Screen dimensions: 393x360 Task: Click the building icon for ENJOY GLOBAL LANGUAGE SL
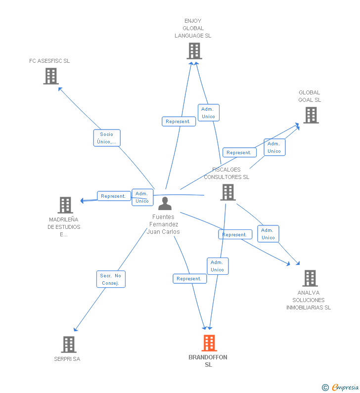click(194, 51)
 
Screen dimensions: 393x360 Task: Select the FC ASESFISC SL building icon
click(51, 76)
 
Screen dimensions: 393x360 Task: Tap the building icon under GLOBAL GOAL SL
click(311, 115)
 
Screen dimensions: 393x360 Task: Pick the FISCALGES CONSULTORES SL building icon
click(227, 192)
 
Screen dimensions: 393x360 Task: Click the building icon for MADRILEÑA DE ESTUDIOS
click(65, 205)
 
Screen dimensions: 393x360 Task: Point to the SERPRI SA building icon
click(69, 344)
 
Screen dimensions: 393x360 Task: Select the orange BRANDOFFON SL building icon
click(209, 343)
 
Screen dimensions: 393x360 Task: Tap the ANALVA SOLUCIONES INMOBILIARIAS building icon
click(310, 278)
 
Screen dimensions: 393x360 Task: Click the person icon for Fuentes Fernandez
click(165, 203)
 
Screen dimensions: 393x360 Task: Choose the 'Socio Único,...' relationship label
click(107, 138)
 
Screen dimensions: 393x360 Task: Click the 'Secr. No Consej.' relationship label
click(111, 279)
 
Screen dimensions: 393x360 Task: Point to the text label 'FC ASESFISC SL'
click(49, 61)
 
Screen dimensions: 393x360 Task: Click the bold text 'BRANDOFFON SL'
click(208, 361)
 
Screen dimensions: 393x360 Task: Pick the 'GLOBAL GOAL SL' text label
click(310, 96)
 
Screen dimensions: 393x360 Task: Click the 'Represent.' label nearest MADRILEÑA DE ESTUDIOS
click(113, 196)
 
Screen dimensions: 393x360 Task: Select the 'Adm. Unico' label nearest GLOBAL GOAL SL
click(274, 147)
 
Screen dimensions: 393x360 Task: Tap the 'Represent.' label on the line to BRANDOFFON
click(189, 279)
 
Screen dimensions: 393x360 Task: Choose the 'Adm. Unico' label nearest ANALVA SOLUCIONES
click(268, 234)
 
